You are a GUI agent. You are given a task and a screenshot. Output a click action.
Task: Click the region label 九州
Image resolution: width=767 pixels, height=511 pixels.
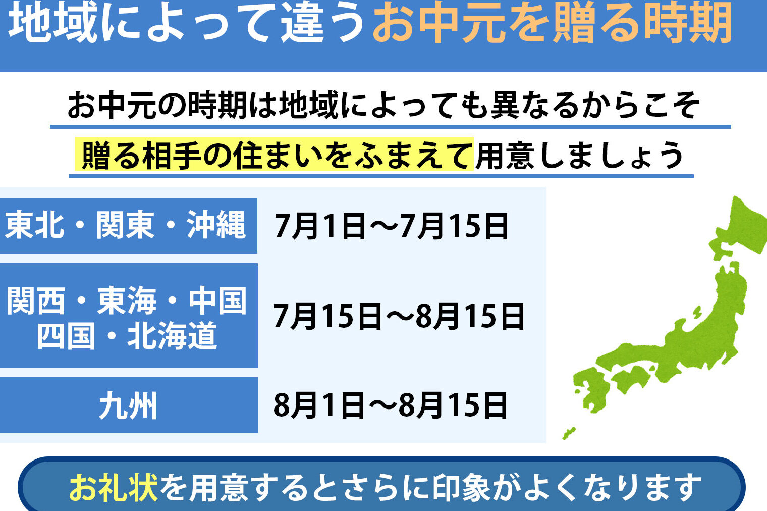click(x=128, y=406)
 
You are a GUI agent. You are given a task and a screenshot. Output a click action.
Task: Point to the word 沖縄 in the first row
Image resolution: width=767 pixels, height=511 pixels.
click(x=216, y=225)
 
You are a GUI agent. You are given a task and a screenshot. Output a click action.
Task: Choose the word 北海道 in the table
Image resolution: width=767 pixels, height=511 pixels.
click(x=172, y=335)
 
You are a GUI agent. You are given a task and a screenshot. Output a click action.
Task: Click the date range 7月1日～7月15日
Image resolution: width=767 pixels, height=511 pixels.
click(x=392, y=226)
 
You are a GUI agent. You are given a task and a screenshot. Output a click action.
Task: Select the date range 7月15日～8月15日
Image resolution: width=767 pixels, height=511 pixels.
click(x=399, y=316)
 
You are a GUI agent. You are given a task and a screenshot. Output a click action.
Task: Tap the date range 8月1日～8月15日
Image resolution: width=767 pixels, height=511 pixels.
click(x=390, y=406)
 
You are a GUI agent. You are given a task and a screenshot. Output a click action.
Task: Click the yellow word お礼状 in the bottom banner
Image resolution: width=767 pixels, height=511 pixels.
click(x=114, y=487)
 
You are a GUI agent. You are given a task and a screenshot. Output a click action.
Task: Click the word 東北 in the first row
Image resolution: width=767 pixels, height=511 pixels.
click(x=35, y=225)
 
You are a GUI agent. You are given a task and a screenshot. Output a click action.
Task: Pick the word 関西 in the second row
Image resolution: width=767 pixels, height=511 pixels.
click(x=36, y=301)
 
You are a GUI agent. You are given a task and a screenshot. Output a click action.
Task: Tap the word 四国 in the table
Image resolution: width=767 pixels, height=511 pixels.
click(x=66, y=335)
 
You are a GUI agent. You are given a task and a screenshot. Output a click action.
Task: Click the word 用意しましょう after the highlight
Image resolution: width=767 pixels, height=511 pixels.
click(x=579, y=155)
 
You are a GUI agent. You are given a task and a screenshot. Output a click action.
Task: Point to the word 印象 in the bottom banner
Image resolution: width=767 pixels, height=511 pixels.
click(x=462, y=487)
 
